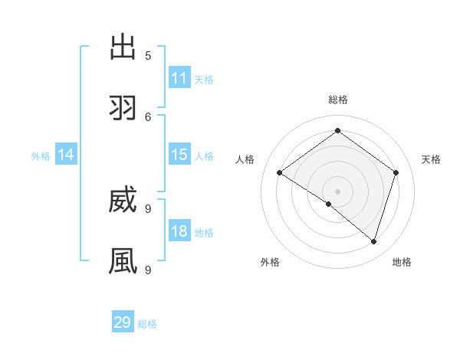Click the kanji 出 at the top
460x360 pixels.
[x=123, y=47]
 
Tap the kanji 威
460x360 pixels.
[x=123, y=200]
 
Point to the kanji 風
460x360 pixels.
[x=123, y=261]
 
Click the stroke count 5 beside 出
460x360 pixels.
[x=148, y=56]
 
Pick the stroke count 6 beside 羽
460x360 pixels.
[x=148, y=117]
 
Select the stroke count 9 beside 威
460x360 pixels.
[x=148, y=209]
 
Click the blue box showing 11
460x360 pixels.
[x=179, y=78]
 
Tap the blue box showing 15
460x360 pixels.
[x=179, y=155]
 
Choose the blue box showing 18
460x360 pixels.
[x=179, y=231]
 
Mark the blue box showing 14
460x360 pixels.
[x=66, y=155]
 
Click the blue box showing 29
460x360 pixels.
[x=123, y=322]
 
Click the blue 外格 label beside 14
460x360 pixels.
[x=41, y=156]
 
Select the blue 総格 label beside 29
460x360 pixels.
[x=147, y=324]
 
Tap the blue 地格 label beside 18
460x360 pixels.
[x=204, y=233]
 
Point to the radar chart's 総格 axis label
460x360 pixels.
[x=337, y=100]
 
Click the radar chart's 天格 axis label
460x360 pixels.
[x=431, y=159]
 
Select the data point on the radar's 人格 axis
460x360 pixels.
[x=280, y=173]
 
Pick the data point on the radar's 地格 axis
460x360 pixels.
[x=373, y=241]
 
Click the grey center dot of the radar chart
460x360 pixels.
[x=337, y=191]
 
